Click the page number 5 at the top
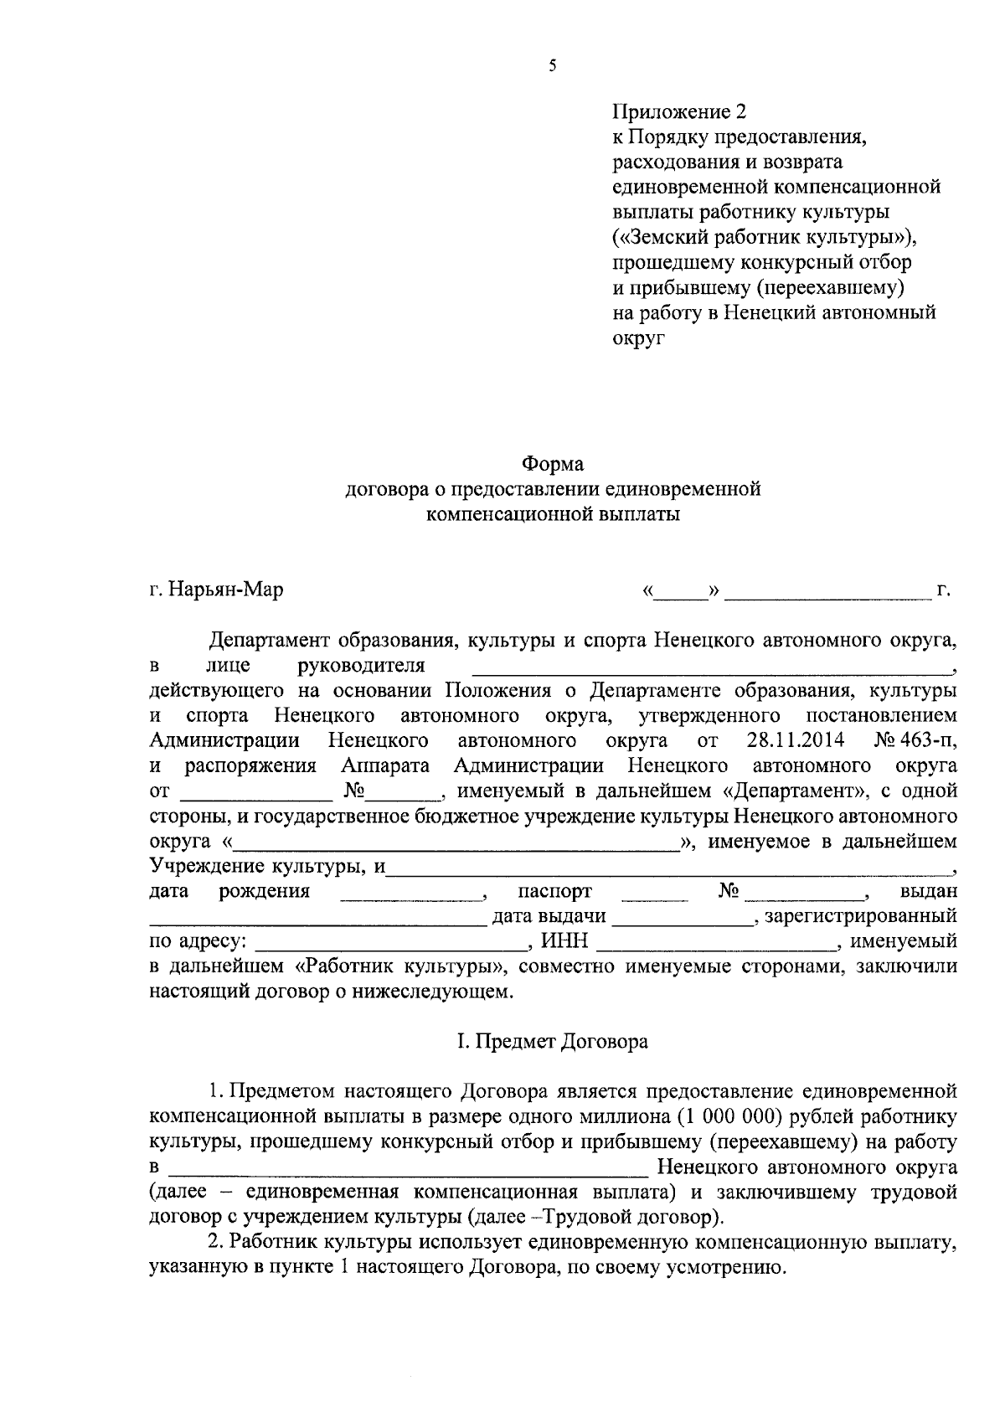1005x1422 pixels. click(x=553, y=67)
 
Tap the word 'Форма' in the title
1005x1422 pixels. click(x=553, y=463)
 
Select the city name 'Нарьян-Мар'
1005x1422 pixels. click(x=225, y=590)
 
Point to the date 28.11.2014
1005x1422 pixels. click(x=794, y=741)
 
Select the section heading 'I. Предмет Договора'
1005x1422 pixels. click(x=553, y=1042)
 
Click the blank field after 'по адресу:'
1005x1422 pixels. click(x=390, y=946)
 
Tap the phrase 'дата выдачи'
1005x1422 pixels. click(x=549, y=916)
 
